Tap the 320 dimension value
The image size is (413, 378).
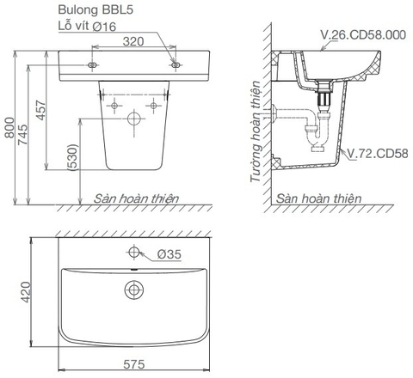[x=133, y=40]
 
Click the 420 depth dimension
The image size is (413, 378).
[x=26, y=292]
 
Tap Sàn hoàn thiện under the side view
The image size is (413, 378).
[x=319, y=198]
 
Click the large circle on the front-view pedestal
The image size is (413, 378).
[x=133, y=118]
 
